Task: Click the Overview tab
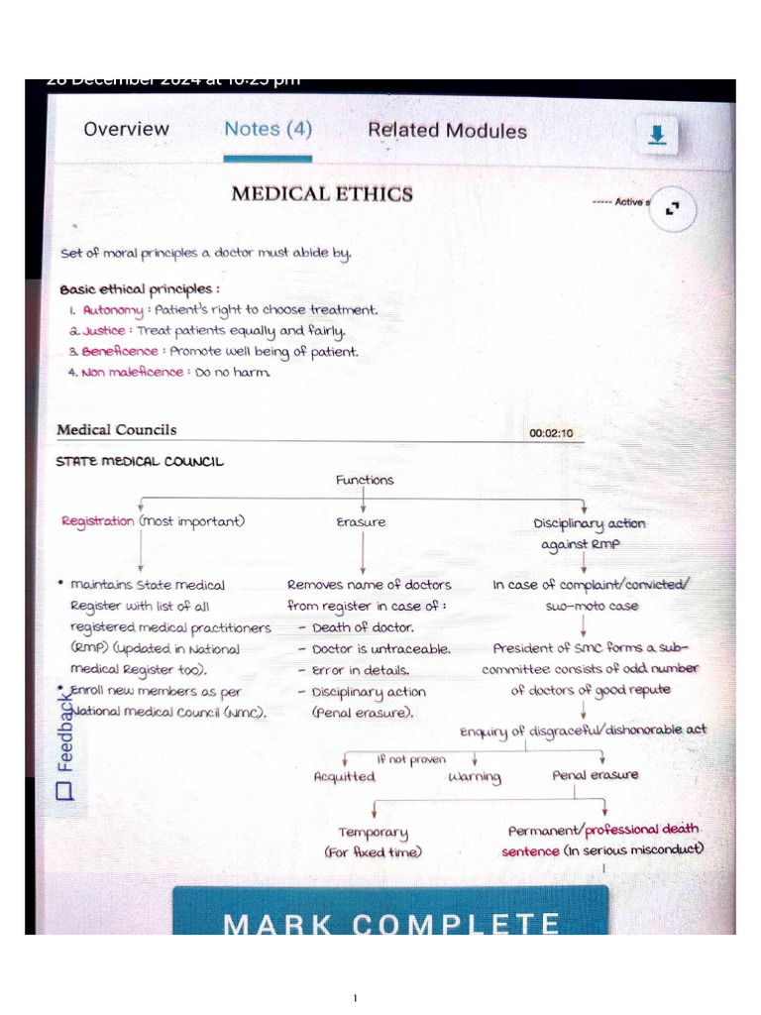pos(126,129)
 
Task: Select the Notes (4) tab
pos(268,129)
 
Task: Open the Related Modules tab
pos(447,130)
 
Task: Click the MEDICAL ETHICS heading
pos(322,193)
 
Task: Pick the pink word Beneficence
pos(120,352)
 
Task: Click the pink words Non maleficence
pos(133,373)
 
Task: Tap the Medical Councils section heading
pos(117,430)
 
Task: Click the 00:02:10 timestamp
pos(551,434)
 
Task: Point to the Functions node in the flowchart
pos(364,480)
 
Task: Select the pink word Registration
pos(97,521)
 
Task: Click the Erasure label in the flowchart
pos(362,522)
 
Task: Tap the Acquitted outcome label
pos(344,777)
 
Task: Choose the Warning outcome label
pos(475,777)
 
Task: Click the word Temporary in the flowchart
pos(373,834)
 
